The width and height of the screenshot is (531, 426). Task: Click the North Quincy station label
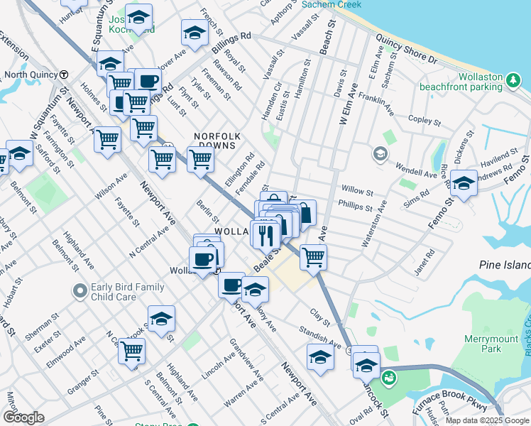click(30, 74)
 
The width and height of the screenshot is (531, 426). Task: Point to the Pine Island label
click(505, 264)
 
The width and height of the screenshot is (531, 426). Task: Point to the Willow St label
click(357, 192)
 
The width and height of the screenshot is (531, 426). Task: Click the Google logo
click(23, 417)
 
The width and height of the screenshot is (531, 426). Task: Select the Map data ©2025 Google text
click(486, 420)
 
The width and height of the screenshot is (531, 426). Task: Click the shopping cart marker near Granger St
click(131, 349)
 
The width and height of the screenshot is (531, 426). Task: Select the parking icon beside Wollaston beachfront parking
click(513, 83)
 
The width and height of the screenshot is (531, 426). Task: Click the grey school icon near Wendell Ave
click(380, 153)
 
